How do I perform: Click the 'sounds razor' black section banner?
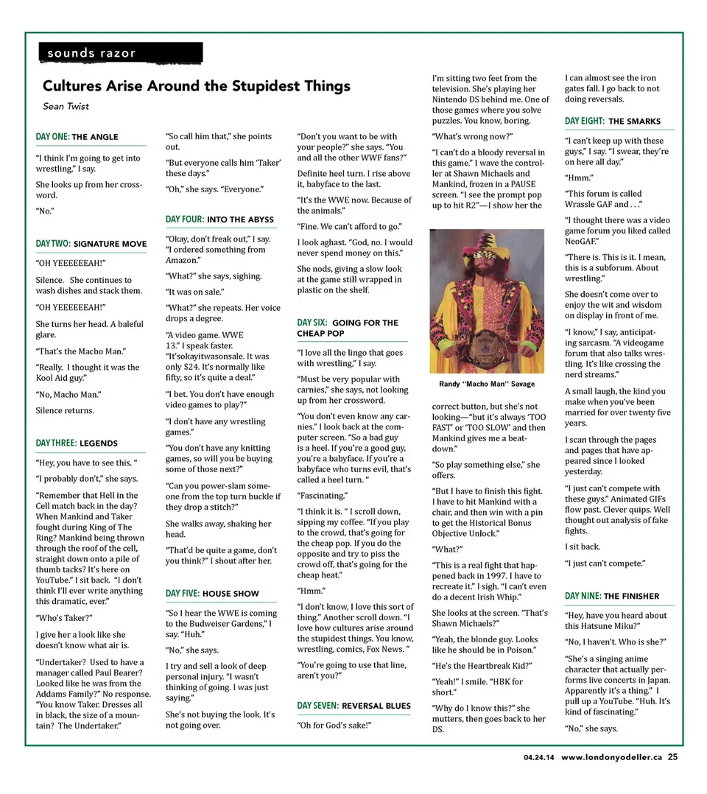(120, 53)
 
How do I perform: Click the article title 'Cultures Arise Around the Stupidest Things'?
(196, 86)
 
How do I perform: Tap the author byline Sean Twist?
(66, 106)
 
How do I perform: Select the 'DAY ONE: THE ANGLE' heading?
(77, 137)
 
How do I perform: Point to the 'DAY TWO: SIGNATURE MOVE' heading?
(91, 243)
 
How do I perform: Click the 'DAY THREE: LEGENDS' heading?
(77, 443)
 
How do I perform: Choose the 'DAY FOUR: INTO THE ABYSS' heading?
(219, 219)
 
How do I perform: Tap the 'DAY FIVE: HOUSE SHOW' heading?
(212, 594)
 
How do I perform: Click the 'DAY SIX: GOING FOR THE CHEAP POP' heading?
(348, 328)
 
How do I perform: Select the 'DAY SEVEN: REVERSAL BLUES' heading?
(354, 706)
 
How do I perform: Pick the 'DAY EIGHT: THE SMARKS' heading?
(613, 121)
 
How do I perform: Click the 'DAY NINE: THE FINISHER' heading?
(612, 596)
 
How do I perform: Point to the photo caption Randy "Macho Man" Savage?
(487, 384)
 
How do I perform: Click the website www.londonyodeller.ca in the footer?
(611, 760)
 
